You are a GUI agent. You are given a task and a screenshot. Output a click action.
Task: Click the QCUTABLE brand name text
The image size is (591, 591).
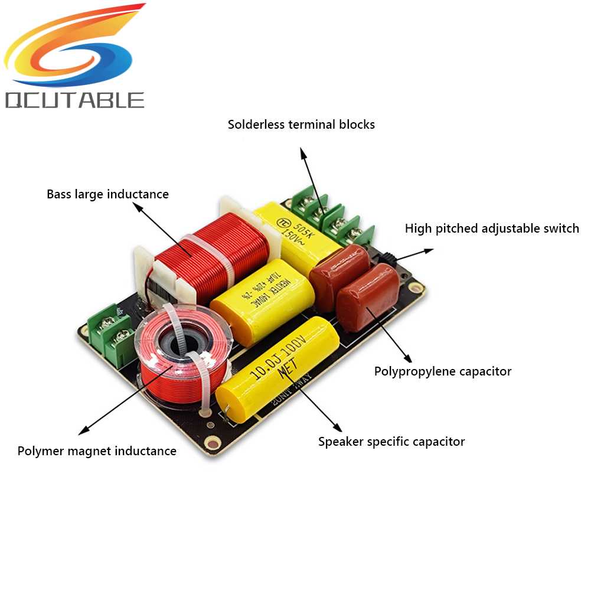[74, 99]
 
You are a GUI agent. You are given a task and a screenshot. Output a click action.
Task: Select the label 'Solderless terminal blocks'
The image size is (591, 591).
[301, 125]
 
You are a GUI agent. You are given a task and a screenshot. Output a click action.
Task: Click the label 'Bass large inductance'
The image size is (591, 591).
[107, 194]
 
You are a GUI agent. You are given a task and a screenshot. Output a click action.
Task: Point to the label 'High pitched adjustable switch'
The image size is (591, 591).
[492, 228]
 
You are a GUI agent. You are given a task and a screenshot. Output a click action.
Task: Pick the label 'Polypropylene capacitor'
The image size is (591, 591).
[443, 371]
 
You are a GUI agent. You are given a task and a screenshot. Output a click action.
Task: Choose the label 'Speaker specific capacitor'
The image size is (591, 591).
[391, 442]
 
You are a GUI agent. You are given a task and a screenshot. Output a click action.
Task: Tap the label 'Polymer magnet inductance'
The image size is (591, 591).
[97, 451]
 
